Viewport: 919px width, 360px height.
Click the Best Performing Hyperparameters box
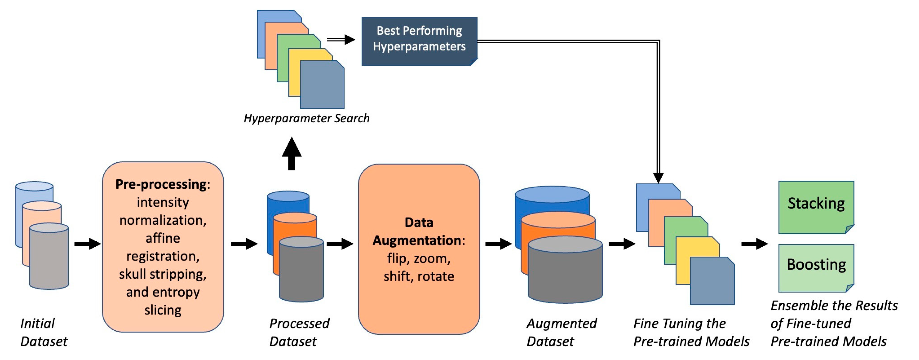coord(419,41)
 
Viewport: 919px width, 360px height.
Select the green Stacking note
coord(816,207)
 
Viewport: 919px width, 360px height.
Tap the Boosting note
coord(816,268)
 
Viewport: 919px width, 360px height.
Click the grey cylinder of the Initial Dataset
coord(49,259)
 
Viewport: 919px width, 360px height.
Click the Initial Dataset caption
coord(43,332)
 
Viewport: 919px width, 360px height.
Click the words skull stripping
coord(163,274)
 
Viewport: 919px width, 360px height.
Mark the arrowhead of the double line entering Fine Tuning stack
coord(658,178)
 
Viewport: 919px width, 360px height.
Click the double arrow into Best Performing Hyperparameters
coord(341,39)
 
